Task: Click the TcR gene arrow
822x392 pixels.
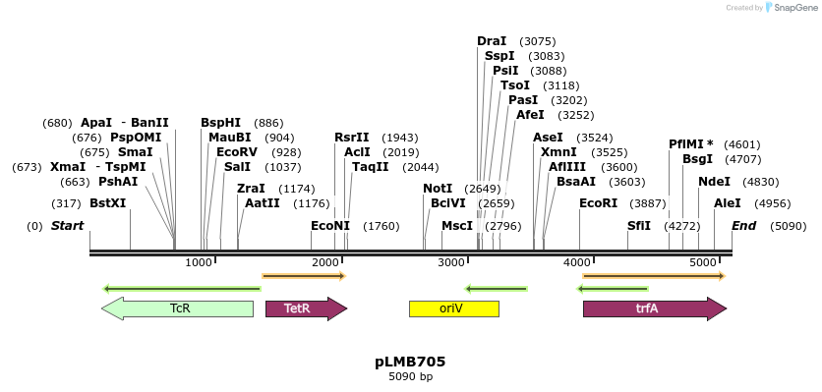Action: (x=178, y=308)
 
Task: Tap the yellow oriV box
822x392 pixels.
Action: (x=453, y=308)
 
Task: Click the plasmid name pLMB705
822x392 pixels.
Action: (x=410, y=362)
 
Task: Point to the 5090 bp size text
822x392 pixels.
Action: (x=410, y=376)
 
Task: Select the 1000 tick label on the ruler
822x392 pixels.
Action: (x=200, y=263)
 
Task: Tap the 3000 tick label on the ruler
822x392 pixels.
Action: (x=451, y=263)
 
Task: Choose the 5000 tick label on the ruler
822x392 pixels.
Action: (x=703, y=263)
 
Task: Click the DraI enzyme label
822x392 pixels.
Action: (x=492, y=41)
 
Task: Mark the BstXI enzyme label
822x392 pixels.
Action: (x=108, y=203)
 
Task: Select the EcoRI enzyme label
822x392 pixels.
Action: (x=598, y=203)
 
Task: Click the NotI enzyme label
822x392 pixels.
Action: (x=438, y=189)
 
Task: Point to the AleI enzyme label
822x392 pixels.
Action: (x=728, y=203)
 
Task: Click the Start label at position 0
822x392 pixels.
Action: (x=68, y=226)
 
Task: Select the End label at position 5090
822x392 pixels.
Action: (x=744, y=226)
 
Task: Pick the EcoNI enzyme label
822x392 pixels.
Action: (x=330, y=226)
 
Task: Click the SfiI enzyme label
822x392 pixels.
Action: (x=639, y=226)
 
